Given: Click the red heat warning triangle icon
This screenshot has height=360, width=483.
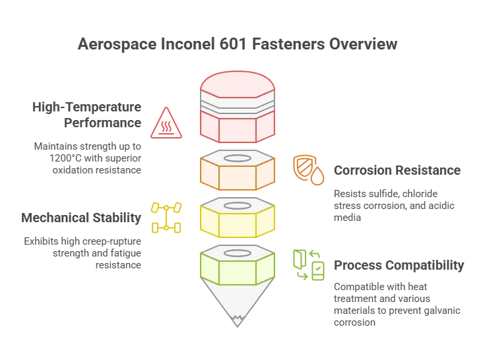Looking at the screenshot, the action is (166, 123).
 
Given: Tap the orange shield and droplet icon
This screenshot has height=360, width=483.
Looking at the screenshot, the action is (308, 170).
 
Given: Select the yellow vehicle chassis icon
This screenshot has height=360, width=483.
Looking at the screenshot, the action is (166, 218).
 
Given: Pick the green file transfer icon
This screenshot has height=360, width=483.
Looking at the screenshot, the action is (309, 265).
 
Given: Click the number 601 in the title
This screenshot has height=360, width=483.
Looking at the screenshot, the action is (233, 44).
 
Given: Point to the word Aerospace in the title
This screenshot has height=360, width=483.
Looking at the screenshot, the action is (117, 44).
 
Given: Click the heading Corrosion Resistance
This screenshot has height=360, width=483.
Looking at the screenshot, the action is (397, 170).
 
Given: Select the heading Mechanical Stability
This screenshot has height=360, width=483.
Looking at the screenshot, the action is (81, 218).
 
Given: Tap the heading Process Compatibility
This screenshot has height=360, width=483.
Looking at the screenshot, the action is (399, 265).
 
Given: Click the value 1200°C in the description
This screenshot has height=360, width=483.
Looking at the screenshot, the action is (65, 158).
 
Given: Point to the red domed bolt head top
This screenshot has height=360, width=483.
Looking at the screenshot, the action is (237, 84).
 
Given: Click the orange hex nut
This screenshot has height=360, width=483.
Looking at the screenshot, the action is (237, 170).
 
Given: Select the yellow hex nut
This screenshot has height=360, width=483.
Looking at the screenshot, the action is (237, 217).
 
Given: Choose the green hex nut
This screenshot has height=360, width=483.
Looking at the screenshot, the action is (237, 265).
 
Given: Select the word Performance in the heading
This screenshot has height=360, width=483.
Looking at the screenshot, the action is (102, 123).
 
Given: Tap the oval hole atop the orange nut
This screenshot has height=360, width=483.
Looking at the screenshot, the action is (238, 158).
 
